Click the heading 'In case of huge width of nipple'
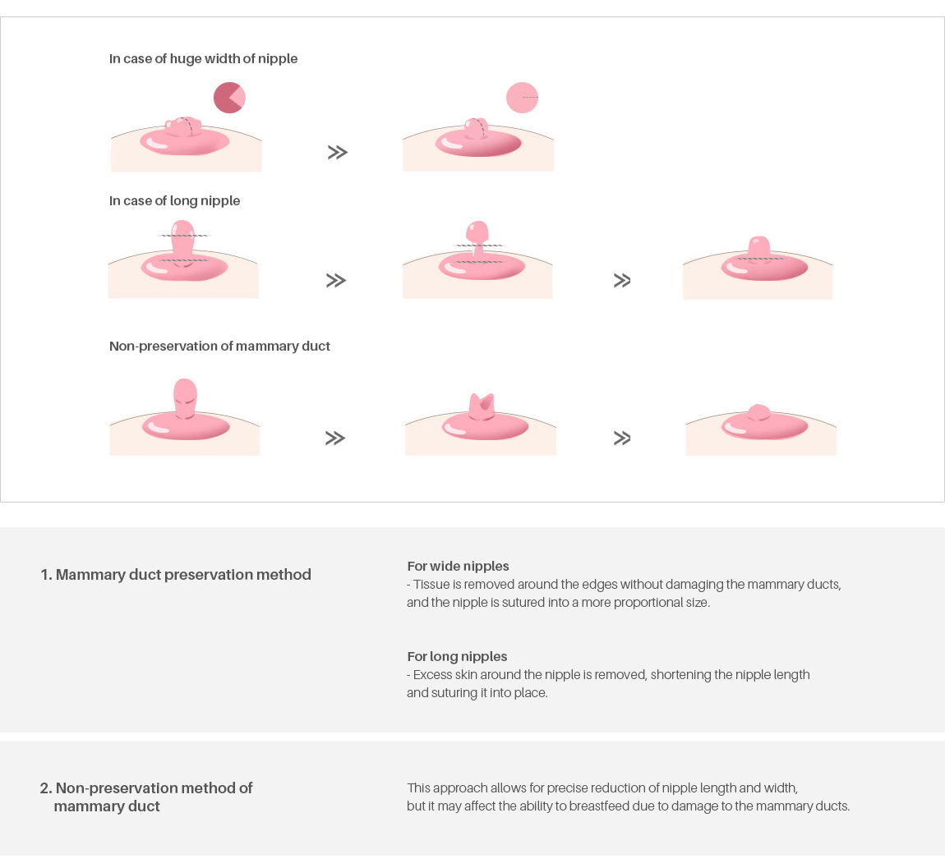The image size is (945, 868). pyautogui.click(x=203, y=59)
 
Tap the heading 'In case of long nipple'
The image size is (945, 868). pyautogui.click(x=174, y=201)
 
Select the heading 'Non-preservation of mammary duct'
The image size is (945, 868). pyautogui.click(x=219, y=347)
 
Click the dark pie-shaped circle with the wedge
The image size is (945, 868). pyautogui.click(x=229, y=98)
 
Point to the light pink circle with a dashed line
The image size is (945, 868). pyautogui.click(x=522, y=98)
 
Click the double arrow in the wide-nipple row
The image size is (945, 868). pyautogui.click(x=338, y=153)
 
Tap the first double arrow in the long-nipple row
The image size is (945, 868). pyautogui.click(x=336, y=281)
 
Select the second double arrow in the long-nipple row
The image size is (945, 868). pyautogui.click(x=622, y=281)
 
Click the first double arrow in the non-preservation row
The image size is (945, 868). pyautogui.click(x=335, y=438)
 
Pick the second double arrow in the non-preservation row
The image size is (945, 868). pyautogui.click(x=622, y=438)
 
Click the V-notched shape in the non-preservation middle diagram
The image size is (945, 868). pyautogui.click(x=482, y=407)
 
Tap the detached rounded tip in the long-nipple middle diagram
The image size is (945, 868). pyautogui.click(x=477, y=232)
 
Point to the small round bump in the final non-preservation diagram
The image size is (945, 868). pyautogui.click(x=758, y=412)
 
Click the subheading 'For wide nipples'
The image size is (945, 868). pyautogui.click(x=458, y=567)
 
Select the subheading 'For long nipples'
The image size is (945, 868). pyautogui.click(x=458, y=657)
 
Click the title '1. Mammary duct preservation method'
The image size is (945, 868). pyautogui.click(x=176, y=575)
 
